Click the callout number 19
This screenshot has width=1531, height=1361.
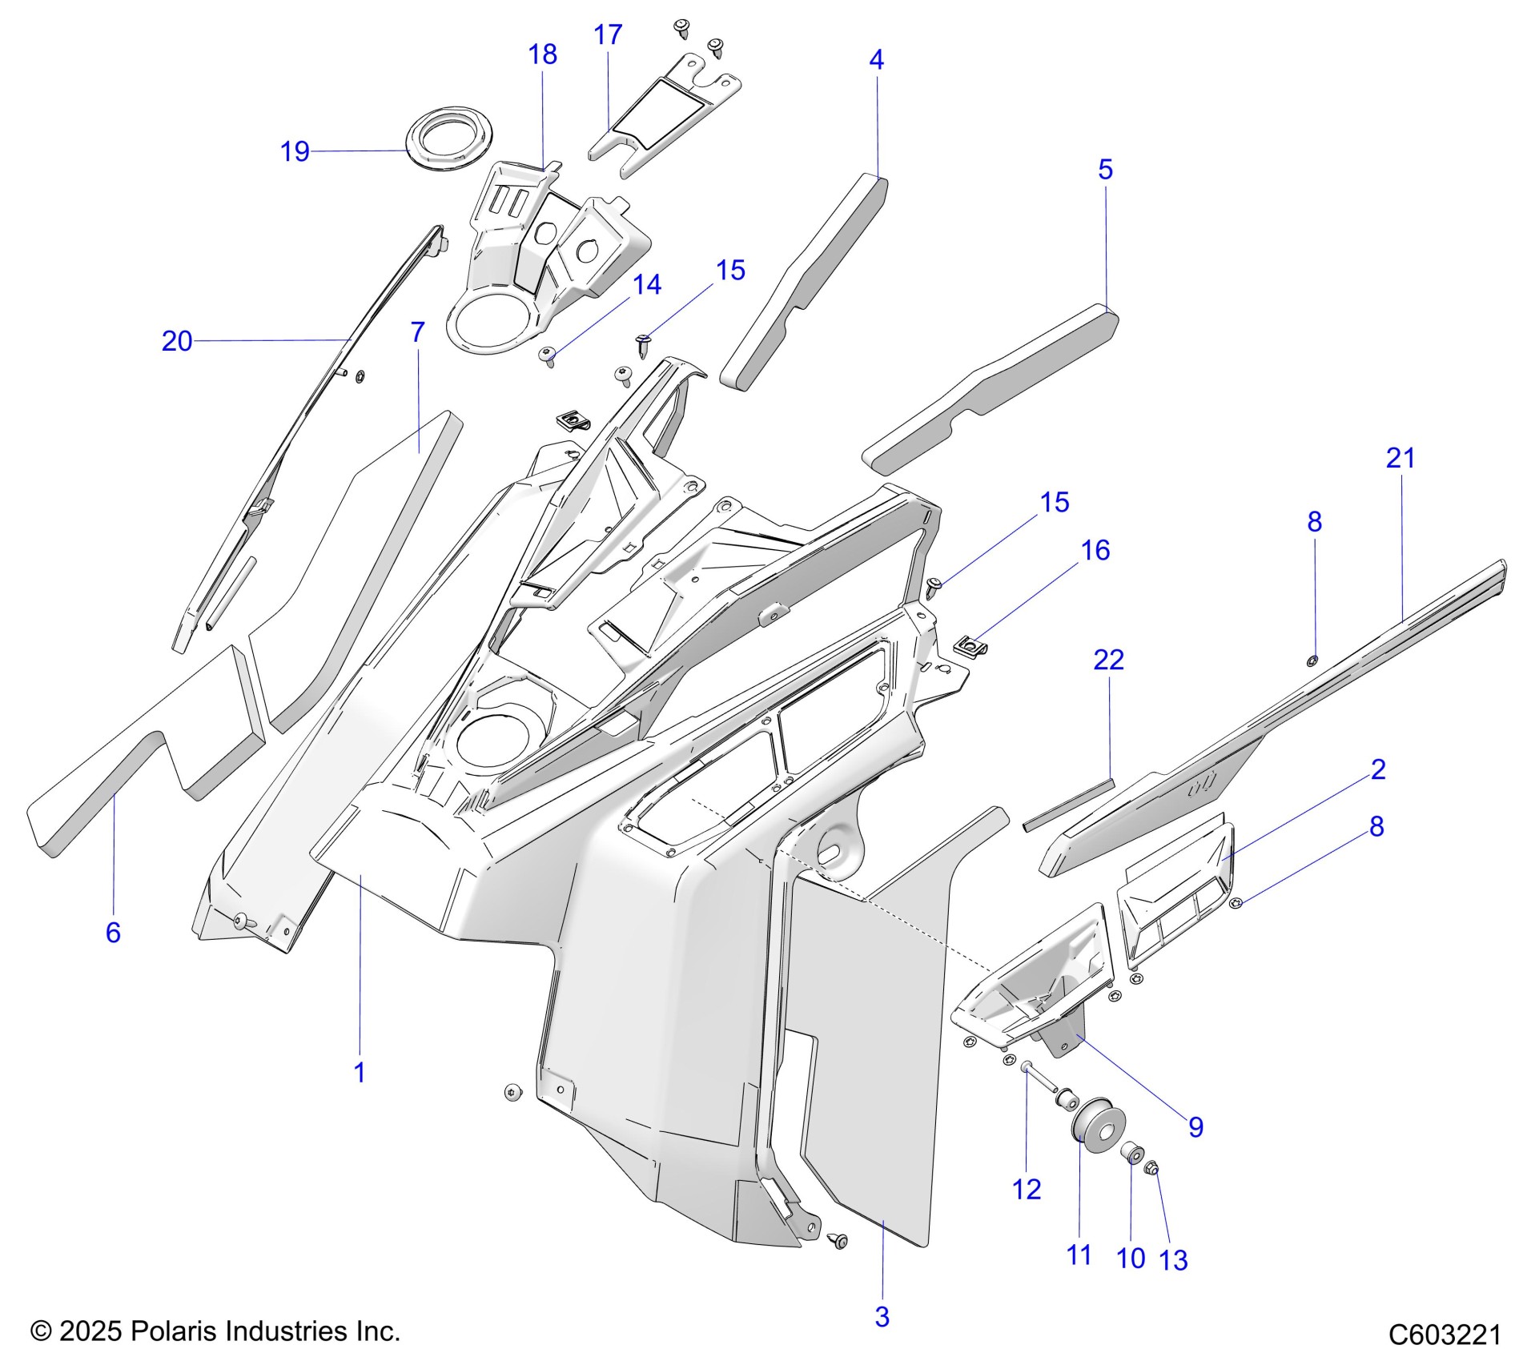coord(295,151)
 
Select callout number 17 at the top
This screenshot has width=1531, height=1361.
coord(608,34)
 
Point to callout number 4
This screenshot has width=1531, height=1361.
coord(877,59)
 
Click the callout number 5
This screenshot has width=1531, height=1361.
coord(1105,169)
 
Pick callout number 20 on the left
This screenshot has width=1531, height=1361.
coord(177,341)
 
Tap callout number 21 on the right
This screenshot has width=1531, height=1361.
coord(1400,458)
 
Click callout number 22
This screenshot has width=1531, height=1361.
coord(1109,660)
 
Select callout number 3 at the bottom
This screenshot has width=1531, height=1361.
coord(882,1316)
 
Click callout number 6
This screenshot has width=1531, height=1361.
coord(113,932)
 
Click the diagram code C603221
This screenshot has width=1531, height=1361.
coord(1445,1335)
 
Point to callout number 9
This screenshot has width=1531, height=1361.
coord(1195,1127)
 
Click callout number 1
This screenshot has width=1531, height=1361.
coord(360,1073)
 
